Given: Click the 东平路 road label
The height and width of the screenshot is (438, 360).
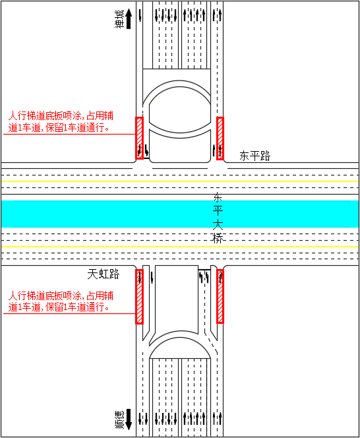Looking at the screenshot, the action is (255, 156).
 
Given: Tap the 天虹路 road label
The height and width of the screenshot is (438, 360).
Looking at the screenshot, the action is (104, 274).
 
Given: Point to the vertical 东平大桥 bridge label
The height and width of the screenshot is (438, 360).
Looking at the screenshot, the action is (218, 218).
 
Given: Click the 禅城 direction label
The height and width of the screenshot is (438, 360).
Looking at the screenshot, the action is (119, 19).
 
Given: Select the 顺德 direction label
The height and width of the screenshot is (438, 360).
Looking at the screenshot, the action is (119, 420).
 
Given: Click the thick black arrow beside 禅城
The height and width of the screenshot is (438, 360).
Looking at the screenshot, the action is (129, 18).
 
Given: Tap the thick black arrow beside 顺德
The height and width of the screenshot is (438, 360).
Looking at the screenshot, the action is (129, 420).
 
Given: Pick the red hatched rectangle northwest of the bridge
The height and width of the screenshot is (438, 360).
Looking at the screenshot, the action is (139, 138).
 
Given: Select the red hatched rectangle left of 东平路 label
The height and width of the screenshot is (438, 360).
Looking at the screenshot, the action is (220, 139).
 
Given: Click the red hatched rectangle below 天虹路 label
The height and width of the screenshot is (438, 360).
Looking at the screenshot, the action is (139, 296).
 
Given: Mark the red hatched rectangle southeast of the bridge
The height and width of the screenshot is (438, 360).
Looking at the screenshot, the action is (220, 296).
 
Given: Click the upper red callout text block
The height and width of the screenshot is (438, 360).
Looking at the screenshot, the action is (61, 121).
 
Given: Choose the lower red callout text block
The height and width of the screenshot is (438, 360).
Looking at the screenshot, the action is (61, 301).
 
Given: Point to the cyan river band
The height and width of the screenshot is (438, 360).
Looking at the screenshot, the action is (180, 214).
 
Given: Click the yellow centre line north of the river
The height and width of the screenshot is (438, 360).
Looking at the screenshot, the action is (180, 181).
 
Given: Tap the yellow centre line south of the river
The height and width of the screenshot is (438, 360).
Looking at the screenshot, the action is (180, 247).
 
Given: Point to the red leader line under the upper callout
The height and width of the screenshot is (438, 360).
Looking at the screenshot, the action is (69, 134).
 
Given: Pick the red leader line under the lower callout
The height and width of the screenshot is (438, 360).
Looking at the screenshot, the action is (69, 314).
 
